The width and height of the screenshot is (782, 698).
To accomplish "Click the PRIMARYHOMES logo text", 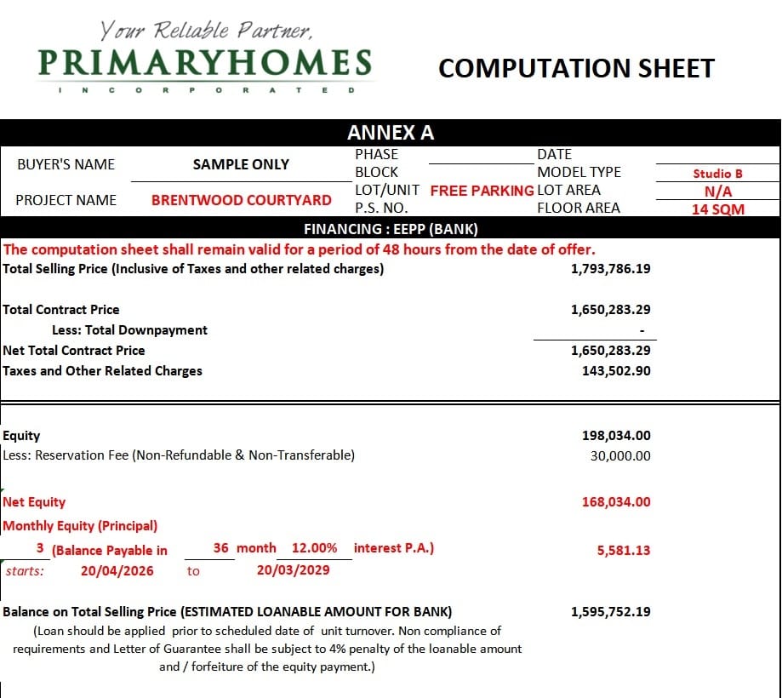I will tap(205, 63).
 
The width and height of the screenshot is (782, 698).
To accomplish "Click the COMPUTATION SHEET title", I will tap(576, 68).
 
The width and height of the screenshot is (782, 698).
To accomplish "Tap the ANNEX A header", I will tap(391, 133).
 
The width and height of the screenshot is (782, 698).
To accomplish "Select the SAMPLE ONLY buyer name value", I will tap(241, 164).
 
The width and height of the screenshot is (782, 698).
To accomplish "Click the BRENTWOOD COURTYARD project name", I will tap(242, 200).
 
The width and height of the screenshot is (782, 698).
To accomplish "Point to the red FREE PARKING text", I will tap(482, 190).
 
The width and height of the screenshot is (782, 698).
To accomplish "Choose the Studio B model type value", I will tap(717, 174).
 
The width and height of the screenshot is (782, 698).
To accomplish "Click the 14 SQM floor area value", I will tap(717, 209).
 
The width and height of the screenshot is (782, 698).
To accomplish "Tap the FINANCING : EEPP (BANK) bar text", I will tap(391, 229).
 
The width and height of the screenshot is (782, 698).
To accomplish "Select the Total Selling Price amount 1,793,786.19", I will tap(610, 269).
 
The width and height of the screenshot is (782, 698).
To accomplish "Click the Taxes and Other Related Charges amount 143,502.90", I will tap(616, 371).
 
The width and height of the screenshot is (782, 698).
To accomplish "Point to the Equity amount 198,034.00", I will tap(616, 436).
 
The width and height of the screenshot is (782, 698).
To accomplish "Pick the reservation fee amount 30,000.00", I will tap(620, 455).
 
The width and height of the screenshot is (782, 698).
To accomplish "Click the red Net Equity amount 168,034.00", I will tap(616, 502).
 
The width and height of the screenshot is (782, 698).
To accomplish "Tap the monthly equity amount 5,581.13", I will tap(624, 551).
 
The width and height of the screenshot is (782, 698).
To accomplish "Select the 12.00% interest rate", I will tap(314, 548).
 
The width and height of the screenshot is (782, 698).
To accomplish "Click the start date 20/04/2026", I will tap(117, 570).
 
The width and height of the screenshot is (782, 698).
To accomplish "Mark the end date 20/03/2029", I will tap(293, 569).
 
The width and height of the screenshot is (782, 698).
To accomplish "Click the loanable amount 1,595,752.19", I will tap(610, 612).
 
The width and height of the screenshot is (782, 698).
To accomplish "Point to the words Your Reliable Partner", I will tap(207, 31).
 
